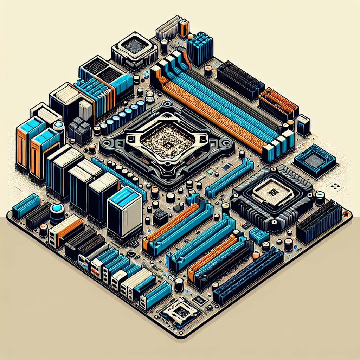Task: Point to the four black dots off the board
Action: click(x=335, y=185)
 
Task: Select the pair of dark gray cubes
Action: click(x=79, y=129)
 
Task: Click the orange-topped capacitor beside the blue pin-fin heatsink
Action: click(x=208, y=70)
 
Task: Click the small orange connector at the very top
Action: click(x=183, y=28)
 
